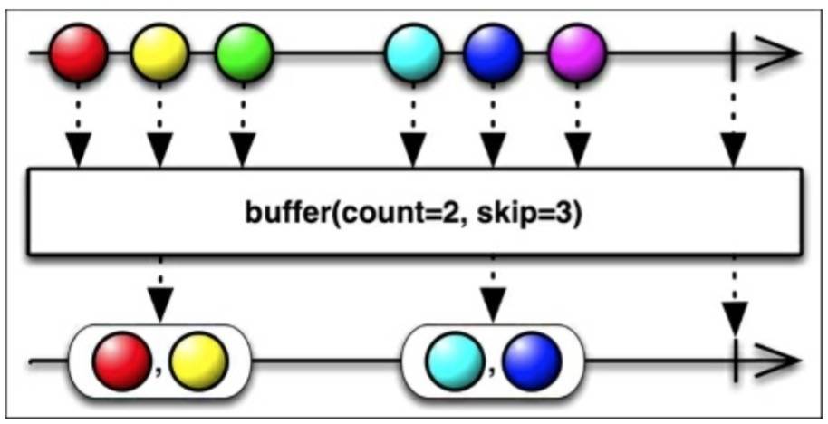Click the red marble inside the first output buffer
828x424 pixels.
point(122,360)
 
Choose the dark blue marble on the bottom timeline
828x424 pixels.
point(532,360)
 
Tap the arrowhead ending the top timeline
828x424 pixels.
point(781,53)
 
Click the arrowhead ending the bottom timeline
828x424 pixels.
point(781,360)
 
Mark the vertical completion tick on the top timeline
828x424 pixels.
point(734,53)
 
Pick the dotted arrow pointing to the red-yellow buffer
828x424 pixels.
point(160,290)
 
